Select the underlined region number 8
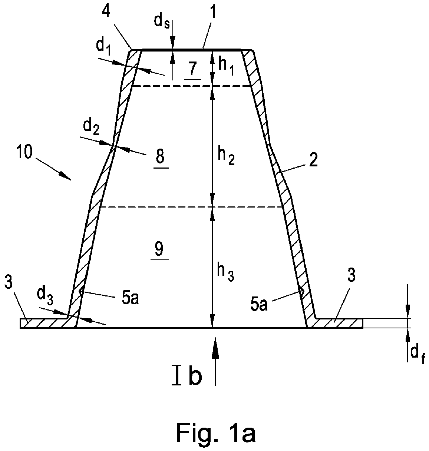161,157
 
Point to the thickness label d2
91,128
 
